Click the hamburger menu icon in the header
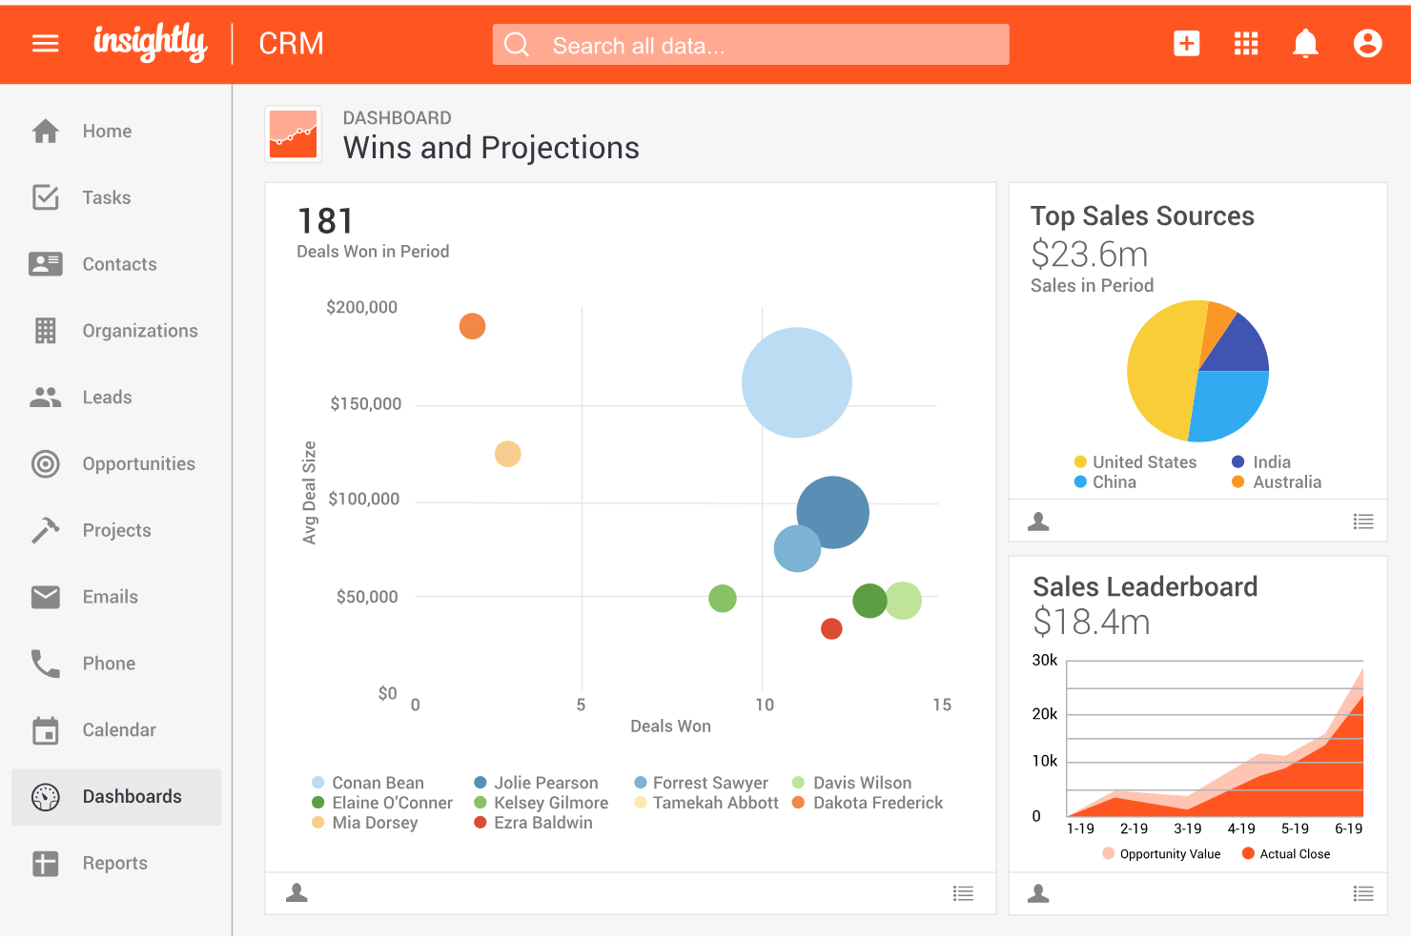tap(46, 44)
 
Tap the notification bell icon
tap(1305, 44)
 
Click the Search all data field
tap(750, 45)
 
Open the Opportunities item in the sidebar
tap(138, 464)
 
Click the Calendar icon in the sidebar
tap(46, 730)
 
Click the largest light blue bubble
tap(796, 382)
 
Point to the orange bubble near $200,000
tap(472, 326)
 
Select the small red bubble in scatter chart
tap(831, 628)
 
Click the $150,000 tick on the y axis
tap(365, 404)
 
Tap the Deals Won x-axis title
tap(670, 726)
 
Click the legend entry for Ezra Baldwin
tap(542, 823)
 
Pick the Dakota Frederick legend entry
tap(877, 803)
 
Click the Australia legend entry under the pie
tap(1286, 482)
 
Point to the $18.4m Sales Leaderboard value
tap(1092, 623)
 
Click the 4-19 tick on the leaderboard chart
tap(1240, 828)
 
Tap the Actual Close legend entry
tap(1294, 854)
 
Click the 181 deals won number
tap(325, 221)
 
